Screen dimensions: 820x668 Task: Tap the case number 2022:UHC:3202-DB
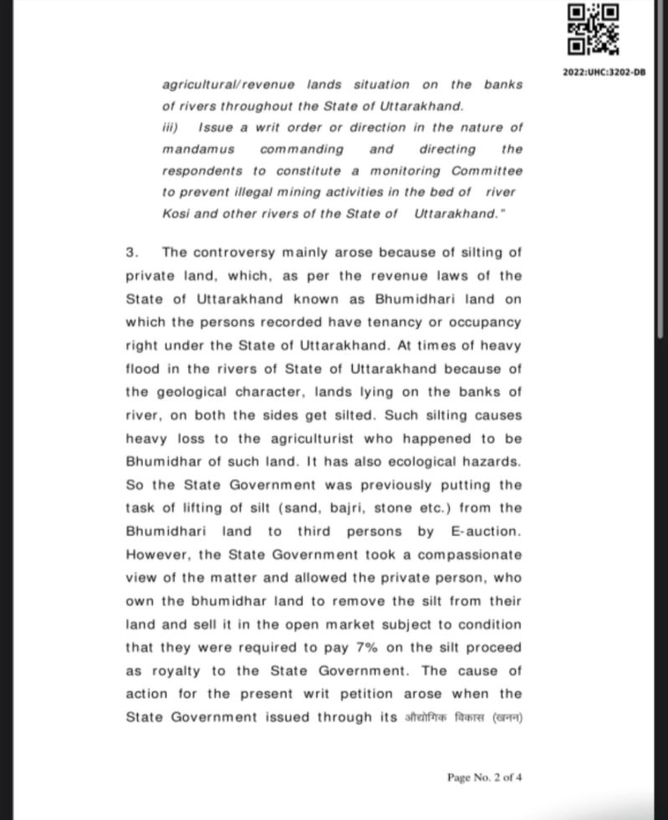pos(604,73)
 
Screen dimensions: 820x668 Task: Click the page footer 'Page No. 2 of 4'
pos(485,777)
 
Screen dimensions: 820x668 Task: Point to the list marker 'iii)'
pos(171,127)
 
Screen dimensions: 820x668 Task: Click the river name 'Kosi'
pos(176,213)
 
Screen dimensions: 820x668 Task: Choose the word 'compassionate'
pos(469,554)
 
